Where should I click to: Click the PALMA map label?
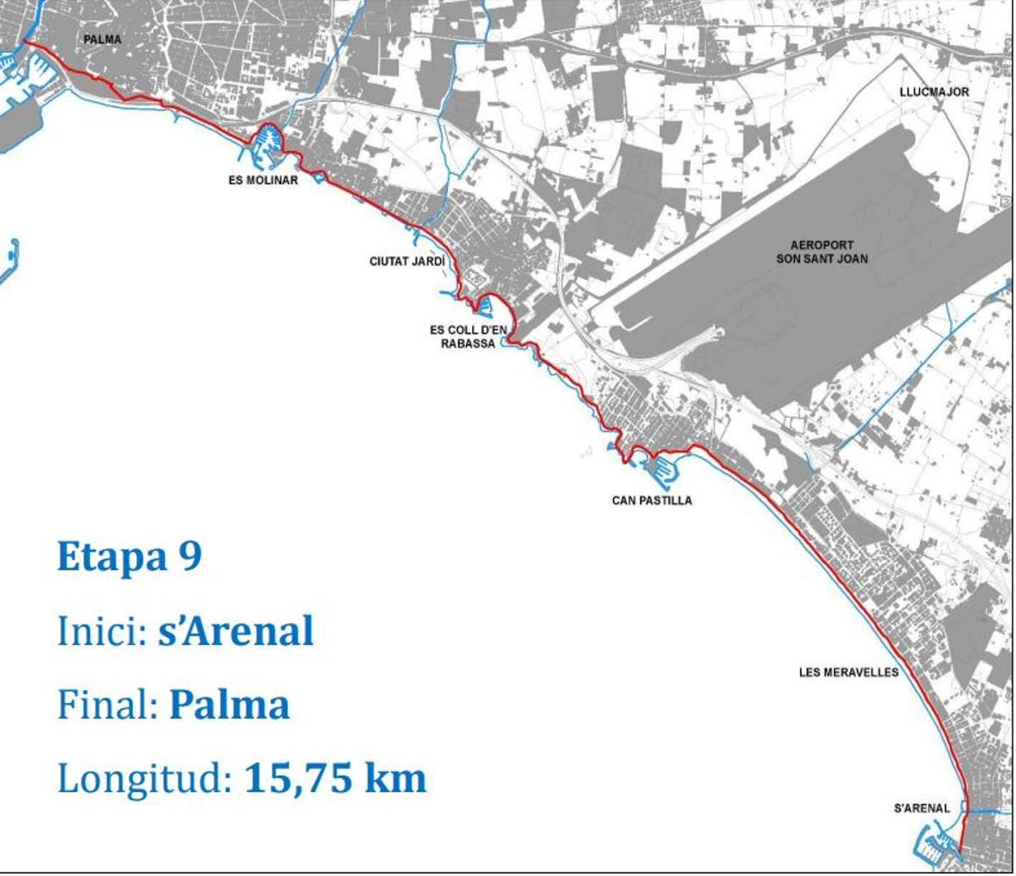point(102,39)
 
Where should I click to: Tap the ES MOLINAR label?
point(262,180)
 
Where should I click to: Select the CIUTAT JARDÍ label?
point(406,262)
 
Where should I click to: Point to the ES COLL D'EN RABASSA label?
point(468,337)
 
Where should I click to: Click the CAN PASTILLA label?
point(652,500)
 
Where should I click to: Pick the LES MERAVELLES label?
point(848,673)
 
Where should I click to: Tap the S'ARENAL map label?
point(922,808)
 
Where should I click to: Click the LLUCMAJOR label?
point(934,91)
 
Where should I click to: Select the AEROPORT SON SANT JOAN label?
point(821,252)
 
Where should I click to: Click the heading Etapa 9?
point(129,557)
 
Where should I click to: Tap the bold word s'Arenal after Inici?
point(235,631)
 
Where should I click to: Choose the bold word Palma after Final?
point(229,705)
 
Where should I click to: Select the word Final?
point(108,705)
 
